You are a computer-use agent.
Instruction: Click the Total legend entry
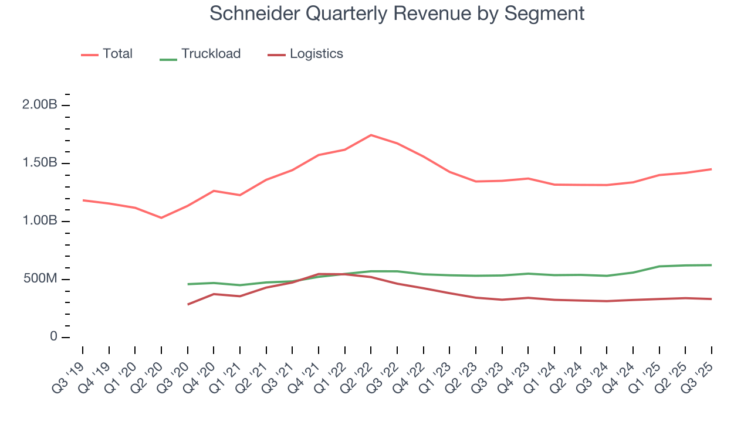tap(117, 54)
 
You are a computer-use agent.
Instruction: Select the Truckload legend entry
tap(211, 54)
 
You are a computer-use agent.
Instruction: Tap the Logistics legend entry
tap(316, 54)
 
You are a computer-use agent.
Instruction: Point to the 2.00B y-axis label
tap(40, 105)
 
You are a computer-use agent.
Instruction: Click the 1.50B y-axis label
tap(40, 163)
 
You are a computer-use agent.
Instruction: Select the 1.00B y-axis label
tap(40, 221)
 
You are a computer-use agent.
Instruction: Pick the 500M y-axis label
tap(40, 279)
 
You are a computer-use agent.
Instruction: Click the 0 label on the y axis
tap(53, 337)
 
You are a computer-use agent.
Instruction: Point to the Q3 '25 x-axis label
tap(699, 370)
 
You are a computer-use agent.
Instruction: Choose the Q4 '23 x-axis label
tap(516, 370)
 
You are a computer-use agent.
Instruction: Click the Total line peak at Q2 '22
tap(371, 135)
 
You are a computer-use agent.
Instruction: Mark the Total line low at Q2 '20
tap(161, 218)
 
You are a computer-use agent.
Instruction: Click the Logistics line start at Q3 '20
tap(188, 304)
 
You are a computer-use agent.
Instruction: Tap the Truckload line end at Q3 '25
tap(712, 265)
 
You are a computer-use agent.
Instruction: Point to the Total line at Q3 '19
tap(83, 200)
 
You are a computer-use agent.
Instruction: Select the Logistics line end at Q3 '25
tap(712, 299)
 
